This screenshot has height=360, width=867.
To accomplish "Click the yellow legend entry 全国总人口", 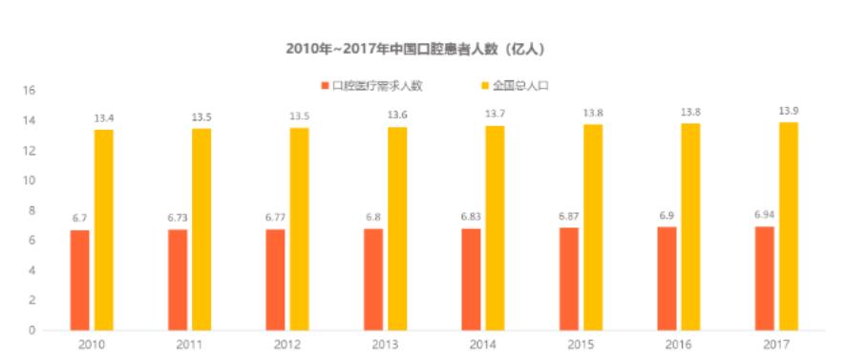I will pos(520,85).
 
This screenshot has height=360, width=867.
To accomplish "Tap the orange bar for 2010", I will pos(80,280).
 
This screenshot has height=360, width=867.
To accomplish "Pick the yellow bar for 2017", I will pos(789,226).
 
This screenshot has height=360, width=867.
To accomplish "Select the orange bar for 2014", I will pos(471,279).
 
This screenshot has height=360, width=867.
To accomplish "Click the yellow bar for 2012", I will pos(299,229).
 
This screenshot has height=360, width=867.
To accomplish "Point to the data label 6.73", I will pos(178,217).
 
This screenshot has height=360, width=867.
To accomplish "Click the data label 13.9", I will pos(788,111).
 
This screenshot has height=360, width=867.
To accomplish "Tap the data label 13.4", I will pos(104,117).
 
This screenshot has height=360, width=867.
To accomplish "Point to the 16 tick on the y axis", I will pos(30,91).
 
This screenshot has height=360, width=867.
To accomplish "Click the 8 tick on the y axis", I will pos(31,210).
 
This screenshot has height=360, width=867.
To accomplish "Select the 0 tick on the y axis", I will pos(31,330).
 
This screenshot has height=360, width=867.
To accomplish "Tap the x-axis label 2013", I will pos(386,344).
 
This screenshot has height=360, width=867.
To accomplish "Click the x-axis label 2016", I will pos(679,344).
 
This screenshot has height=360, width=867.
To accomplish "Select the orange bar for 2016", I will pos(666,278).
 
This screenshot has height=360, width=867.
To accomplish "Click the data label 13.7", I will pos(495,115).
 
